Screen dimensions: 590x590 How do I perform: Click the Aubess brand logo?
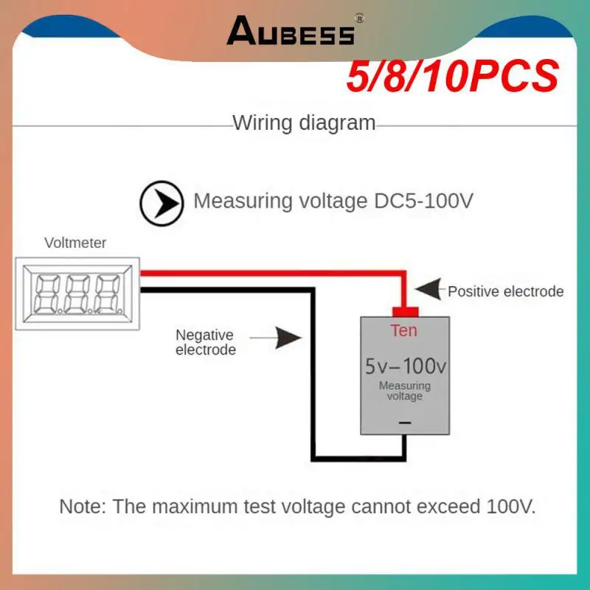pyautogui.click(x=291, y=32)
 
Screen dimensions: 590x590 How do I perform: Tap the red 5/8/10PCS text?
pyautogui.click(x=451, y=77)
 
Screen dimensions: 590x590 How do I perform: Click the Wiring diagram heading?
pyautogui.click(x=304, y=122)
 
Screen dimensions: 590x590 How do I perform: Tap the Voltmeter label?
pyautogui.click(x=75, y=243)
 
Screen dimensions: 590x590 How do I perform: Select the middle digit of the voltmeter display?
pyautogui.click(x=77, y=293)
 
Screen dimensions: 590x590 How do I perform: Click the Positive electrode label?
pyautogui.click(x=505, y=291)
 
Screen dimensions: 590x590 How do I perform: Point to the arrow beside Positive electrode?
pyautogui.click(x=429, y=290)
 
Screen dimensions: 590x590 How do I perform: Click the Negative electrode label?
pyautogui.click(x=205, y=342)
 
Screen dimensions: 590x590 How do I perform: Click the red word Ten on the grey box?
pyautogui.click(x=403, y=330)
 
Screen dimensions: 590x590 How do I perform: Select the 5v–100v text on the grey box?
pyautogui.click(x=405, y=366)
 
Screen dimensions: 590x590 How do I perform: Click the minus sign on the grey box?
pyautogui.click(x=404, y=423)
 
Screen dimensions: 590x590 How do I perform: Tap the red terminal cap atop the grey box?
pyautogui.click(x=404, y=310)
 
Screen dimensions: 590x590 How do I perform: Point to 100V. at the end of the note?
pyautogui.click(x=511, y=507)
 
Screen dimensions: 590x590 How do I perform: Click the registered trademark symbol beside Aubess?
pyautogui.click(x=359, y=18)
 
